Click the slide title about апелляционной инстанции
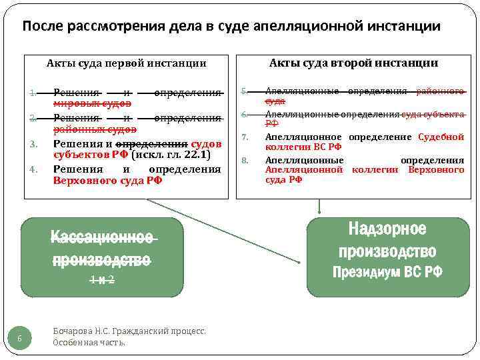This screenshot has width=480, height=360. [231, 27]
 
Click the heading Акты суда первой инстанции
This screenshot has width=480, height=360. [126, 63]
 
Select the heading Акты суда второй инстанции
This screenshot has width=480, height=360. [353, 63]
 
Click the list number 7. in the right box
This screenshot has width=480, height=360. [245, 137]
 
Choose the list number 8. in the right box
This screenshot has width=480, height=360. [245, 160]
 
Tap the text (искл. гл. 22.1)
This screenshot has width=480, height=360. [171, 155]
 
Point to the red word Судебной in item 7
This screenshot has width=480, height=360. [441, 137]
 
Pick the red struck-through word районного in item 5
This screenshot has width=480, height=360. [440, 91]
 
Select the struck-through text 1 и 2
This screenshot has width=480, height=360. [102, 281]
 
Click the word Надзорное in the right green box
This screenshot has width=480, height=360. [387, 230]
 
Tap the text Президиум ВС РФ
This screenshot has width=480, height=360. [387, 272]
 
